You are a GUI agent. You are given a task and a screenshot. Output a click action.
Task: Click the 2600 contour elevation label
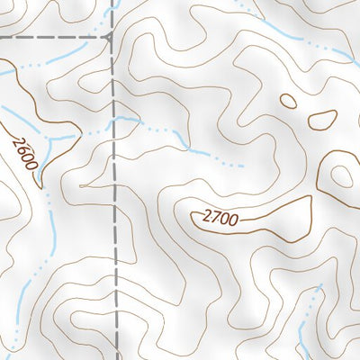tap(25, 152)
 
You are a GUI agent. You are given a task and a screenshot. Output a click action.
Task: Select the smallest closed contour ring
tap(288, 101)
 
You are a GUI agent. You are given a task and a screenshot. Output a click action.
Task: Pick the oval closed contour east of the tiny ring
tap(322, 118)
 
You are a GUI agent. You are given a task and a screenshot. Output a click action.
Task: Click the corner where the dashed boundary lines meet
tap(112, 38)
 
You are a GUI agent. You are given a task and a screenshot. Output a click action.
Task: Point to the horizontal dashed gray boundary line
tap(54, 38)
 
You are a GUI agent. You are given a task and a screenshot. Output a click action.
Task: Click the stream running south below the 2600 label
tap(50, 225)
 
